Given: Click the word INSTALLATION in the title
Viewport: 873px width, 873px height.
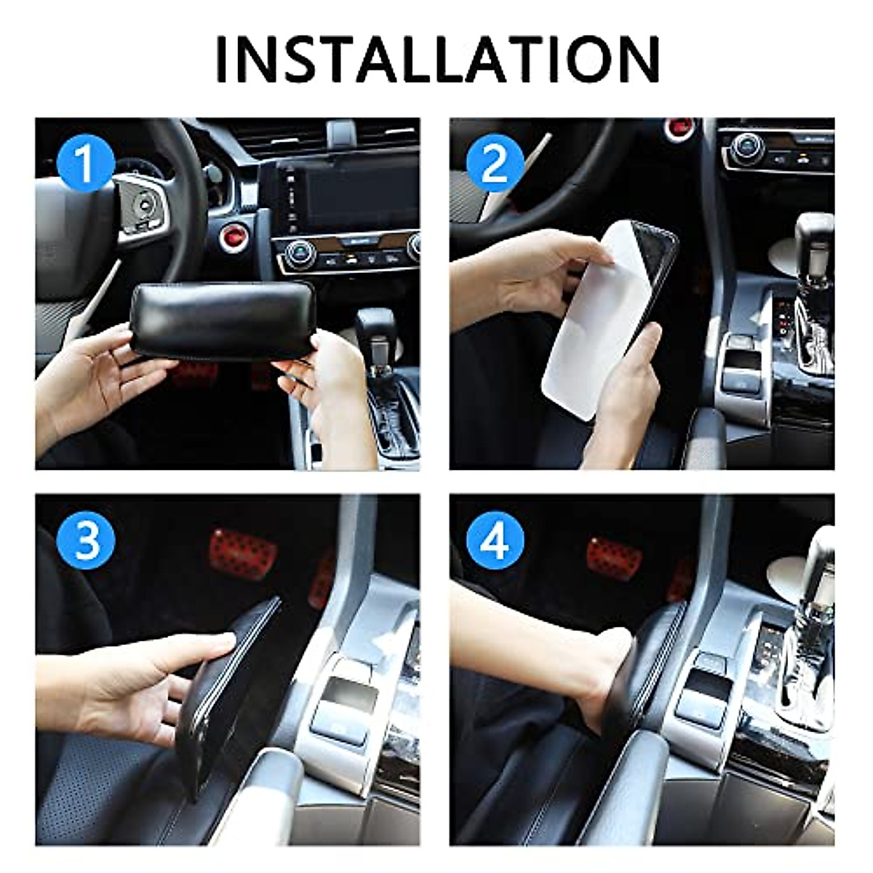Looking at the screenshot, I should click(x=437, y=58).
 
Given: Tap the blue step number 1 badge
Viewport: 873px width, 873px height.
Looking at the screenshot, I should click(x=86, y=163).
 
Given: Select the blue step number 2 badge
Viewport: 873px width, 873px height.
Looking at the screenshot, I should click(x=495, y=163).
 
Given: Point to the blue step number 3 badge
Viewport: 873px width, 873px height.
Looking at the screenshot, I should click(x=86, y=540).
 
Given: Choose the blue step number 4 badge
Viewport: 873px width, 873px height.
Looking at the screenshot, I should click(x=495, y=540).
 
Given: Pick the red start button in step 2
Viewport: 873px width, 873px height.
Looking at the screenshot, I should click(x=679, y=129).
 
